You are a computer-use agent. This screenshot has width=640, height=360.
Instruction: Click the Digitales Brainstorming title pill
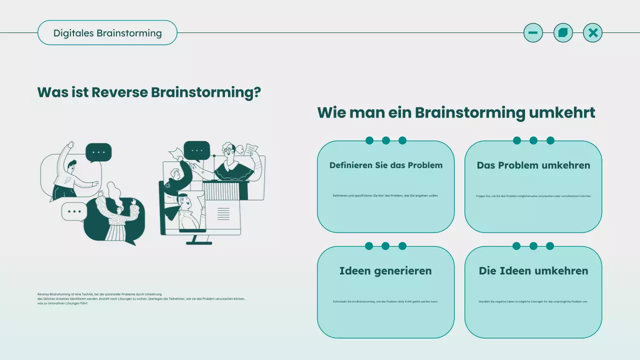point(107,33)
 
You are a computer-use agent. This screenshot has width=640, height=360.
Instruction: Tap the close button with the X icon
point(592,33)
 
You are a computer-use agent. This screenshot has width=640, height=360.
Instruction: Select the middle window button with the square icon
point(563,33)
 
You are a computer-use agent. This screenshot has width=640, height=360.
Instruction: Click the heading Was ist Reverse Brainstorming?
point(149,92)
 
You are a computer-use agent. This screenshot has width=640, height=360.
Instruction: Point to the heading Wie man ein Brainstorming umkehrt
point(456,112)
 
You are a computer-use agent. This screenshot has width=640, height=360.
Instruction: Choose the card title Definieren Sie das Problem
point(385,165)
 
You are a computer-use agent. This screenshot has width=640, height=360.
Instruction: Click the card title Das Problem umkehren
point(533,165)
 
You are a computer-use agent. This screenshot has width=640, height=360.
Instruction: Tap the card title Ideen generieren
point(385,271)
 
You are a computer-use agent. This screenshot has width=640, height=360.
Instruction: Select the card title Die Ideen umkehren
point(533,271)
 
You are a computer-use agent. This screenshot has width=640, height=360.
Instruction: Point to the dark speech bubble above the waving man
point(98,152)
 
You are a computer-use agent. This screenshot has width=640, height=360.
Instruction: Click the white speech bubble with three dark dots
point(74,211)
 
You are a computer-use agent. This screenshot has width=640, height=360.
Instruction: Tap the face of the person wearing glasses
point(229,150)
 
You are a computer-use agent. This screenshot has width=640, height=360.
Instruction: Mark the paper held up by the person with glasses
point(251,149)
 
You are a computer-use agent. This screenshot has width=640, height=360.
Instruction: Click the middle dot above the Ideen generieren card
point(385,246)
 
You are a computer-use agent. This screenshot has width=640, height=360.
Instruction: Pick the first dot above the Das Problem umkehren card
point(517,140)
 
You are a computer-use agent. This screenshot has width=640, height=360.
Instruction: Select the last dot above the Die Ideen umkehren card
point(550,246)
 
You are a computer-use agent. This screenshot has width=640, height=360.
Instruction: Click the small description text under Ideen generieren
point(385,301)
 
